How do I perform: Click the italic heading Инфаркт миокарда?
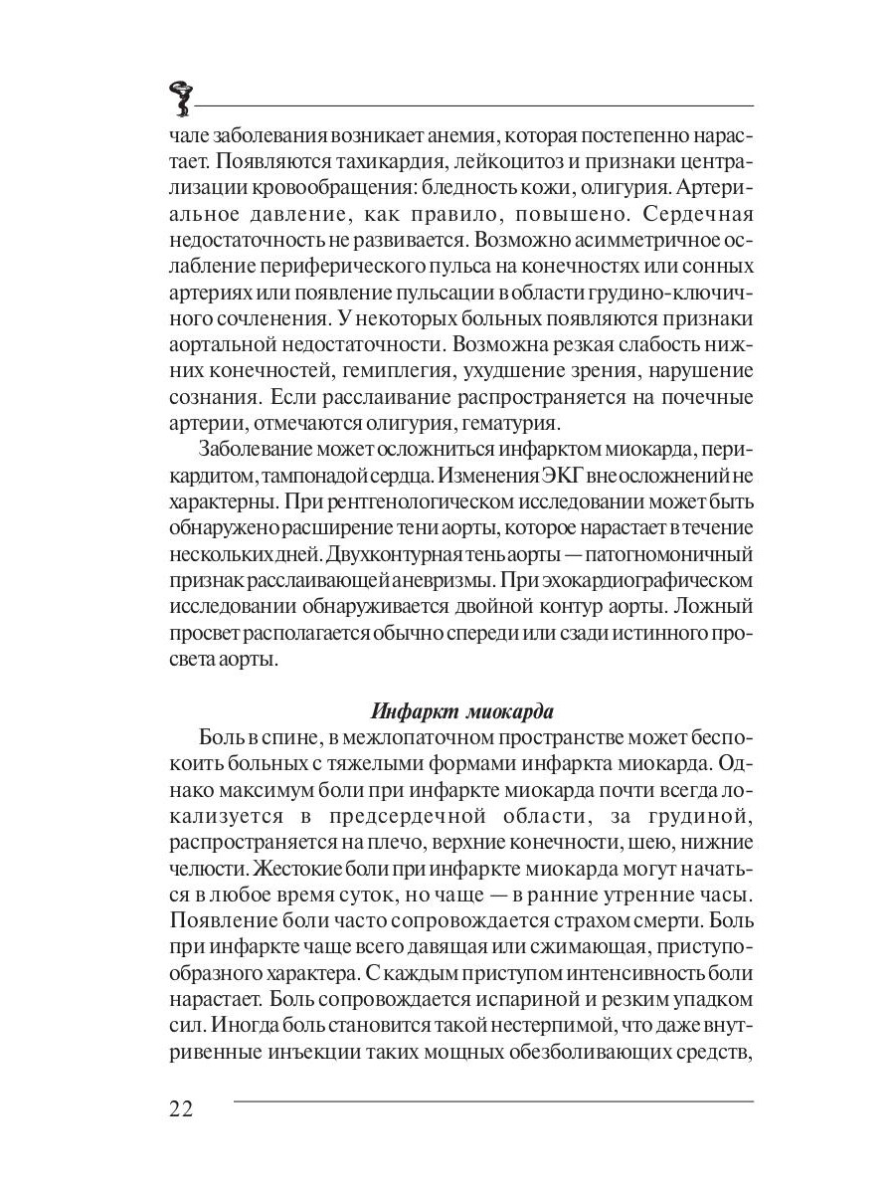point(461,711)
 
